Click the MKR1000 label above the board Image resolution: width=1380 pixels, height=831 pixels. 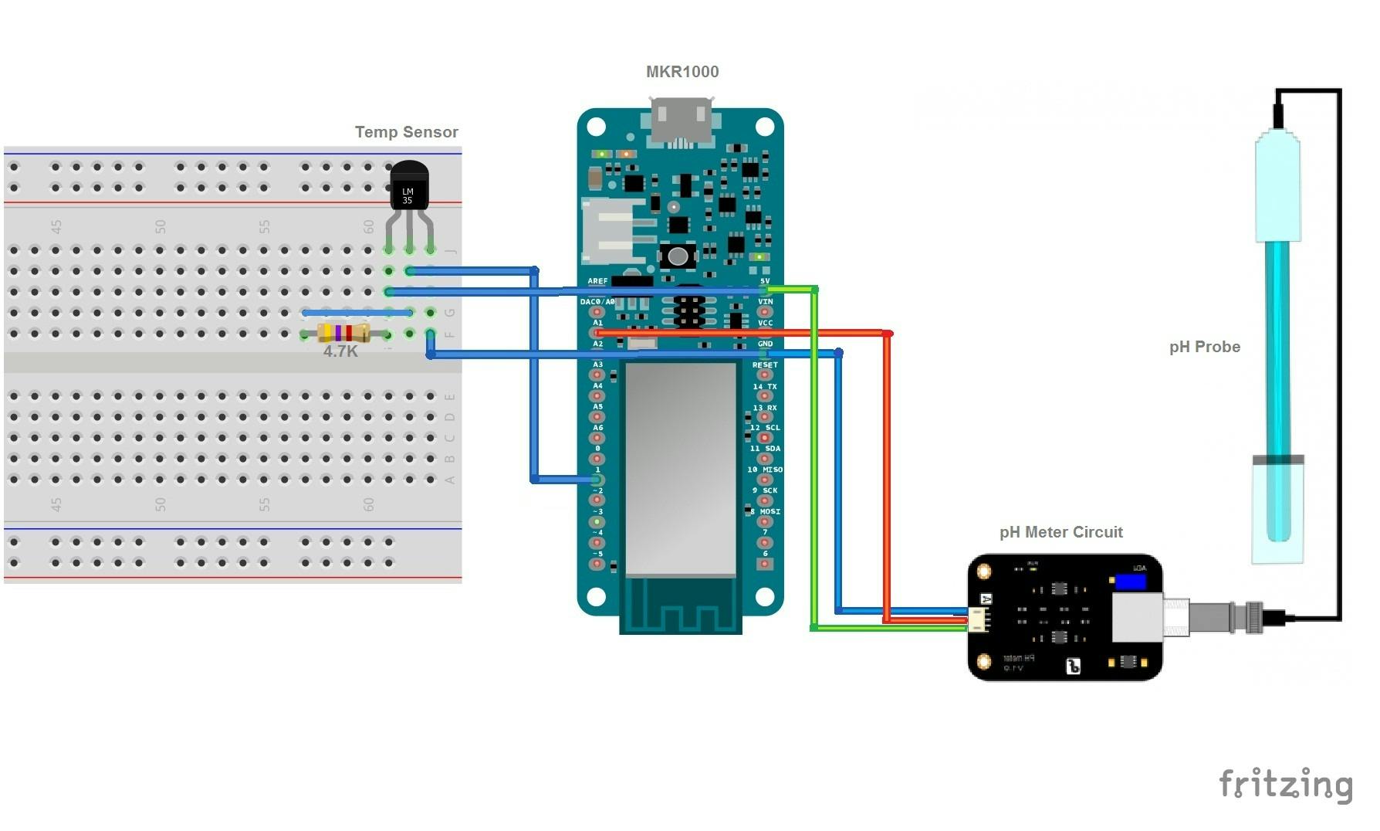point(682,72)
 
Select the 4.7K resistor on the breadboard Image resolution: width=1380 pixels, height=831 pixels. point(343,334)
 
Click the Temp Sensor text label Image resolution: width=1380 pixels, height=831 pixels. point(406,132)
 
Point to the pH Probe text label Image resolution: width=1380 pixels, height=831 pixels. point(1204,347)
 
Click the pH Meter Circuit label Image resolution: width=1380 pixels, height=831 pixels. point(1060,532)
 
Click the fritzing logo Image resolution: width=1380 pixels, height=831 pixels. point(1285,785)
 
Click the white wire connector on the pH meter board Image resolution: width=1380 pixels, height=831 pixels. point(979,619)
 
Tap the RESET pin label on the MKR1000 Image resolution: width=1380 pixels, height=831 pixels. point(765,365)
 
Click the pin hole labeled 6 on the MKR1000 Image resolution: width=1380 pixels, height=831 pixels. point(765,564)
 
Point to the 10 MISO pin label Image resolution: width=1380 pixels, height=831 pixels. point(765,470)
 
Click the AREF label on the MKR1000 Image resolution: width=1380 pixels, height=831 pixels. point(597,281)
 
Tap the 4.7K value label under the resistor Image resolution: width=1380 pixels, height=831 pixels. point(340,352)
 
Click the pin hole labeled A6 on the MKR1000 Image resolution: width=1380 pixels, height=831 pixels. point(597,437)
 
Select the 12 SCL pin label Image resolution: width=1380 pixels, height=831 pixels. point(765,428)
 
